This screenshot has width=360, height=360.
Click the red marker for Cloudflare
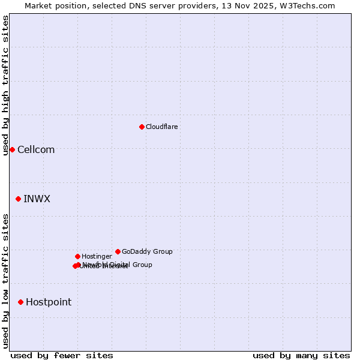[x=142, y=127]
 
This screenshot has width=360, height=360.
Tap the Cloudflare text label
[x=161, y=127]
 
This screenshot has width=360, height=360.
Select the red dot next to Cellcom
[x=12, y=149]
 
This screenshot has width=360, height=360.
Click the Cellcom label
[x=36, y=149]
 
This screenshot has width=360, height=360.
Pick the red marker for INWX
[x=18, y=199]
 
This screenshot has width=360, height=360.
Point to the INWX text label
[x=37, y=199]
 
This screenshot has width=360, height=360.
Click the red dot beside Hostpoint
[x=20, y=302]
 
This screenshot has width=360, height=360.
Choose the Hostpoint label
[x=49, y=302]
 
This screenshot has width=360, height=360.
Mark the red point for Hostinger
[x=77, y=256]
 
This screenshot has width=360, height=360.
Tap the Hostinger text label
[x=97, y=256]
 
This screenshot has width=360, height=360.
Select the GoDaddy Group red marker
[x=118, y=251]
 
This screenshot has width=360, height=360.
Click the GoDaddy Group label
[x=147, y=251]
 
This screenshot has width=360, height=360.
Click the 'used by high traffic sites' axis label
[x=6, y=86]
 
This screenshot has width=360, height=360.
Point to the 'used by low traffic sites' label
[x=6, y=281]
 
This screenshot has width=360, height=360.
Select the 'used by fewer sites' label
[x=62, y=355]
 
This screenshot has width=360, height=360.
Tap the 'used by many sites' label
[x=301, y=355]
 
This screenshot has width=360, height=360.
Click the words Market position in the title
[x=52, y=5]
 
